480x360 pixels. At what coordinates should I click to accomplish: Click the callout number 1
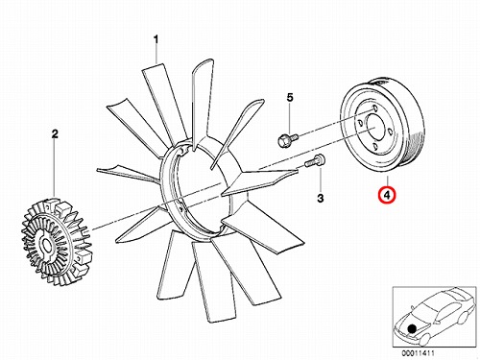156,39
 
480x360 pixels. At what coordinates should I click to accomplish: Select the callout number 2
55,133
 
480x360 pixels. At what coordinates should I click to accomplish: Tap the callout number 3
321,198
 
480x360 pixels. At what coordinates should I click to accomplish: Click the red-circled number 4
387,195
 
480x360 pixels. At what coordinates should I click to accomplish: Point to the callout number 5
290,97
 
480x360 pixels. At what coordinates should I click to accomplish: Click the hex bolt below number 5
287,140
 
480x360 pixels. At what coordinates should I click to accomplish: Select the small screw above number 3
314,160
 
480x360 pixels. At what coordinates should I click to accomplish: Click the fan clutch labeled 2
56,242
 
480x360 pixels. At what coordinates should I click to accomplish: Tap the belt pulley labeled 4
384,126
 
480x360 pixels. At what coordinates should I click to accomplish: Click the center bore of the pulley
374,127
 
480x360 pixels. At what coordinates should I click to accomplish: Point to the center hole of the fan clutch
47,246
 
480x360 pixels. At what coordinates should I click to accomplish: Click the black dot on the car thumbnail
412,328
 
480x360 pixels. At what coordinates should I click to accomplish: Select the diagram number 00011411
419,353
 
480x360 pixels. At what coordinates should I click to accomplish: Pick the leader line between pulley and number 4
387,181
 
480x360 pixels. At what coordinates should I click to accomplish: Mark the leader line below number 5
290,118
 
